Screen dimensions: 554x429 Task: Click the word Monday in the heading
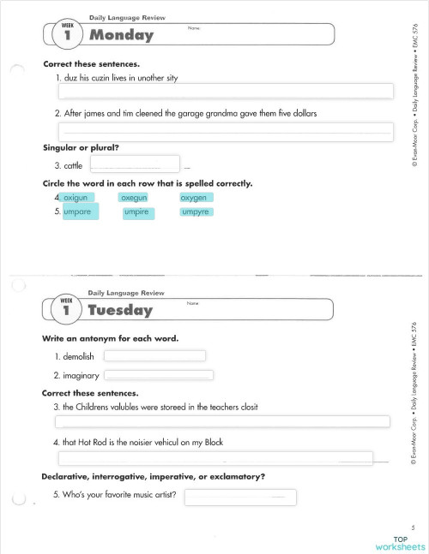(x=121, y=35)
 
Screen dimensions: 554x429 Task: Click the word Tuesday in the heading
(x=120, y=311)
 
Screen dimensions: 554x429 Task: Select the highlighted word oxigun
(x=76, y=198)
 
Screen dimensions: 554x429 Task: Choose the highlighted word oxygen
(x=194, y=198)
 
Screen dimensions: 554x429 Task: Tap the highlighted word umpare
(x=78, y=211)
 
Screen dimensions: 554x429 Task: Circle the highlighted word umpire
(x=136, y=211)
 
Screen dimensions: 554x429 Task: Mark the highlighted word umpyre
(x=196, y=211)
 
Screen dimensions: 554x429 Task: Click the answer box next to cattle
(x=134, y=164)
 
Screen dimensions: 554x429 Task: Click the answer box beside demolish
(x=154, y=356)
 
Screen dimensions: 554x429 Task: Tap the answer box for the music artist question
(x=239, y=497)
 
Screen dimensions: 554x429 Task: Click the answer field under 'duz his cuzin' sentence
(x=225, y=92)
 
